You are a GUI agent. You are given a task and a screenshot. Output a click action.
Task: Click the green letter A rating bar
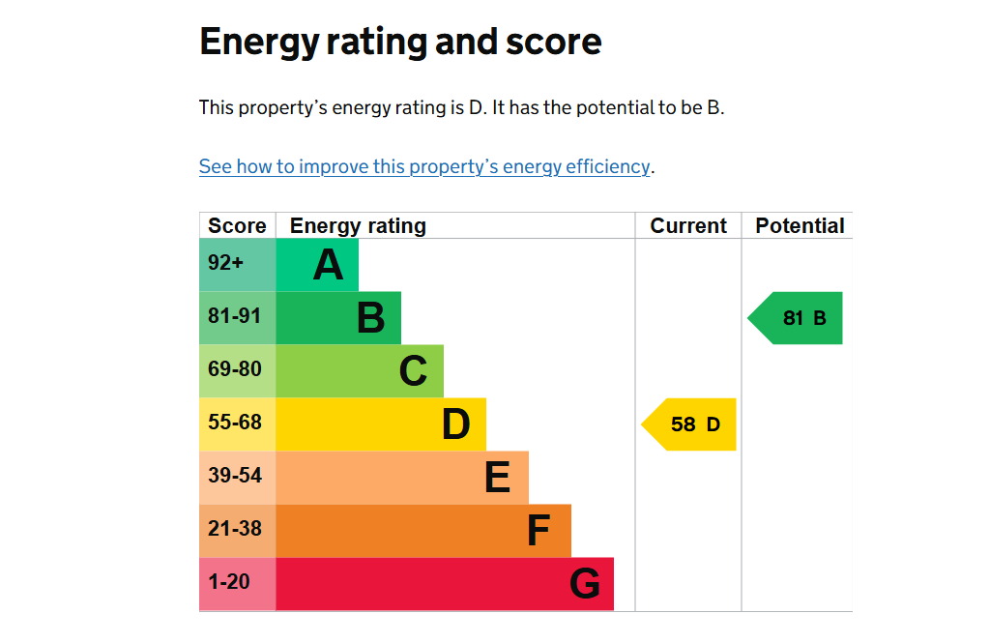point(317,265)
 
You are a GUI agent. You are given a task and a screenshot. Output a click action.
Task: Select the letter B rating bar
point(338,318)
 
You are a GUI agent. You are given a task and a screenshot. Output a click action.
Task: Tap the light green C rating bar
point(360,371)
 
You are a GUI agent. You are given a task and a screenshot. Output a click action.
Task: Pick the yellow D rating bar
point(381,424)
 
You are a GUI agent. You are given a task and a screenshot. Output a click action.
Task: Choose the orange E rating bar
point(402,478)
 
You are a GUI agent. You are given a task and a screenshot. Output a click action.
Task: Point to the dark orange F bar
point(423,531)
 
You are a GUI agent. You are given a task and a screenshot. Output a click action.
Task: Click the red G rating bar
point(445,584)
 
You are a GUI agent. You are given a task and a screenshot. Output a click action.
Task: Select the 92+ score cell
point(237,265)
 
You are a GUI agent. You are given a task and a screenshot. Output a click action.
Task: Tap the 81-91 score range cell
point(237,318)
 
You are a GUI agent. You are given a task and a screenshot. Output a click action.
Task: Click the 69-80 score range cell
point(237,371)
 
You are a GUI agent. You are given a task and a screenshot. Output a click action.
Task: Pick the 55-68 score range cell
point(237,424)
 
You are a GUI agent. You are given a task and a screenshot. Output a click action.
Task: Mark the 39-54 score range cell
point(237,478)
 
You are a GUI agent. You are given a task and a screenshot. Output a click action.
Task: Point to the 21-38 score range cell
point(237,531)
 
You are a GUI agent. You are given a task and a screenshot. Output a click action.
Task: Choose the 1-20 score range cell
point(237,584)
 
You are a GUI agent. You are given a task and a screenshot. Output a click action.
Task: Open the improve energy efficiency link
point(424,166)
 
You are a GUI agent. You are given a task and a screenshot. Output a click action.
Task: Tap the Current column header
point(688,226)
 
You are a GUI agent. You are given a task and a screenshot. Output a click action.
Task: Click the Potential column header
point(800,226)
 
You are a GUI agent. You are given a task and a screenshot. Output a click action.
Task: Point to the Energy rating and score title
point(400,43)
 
